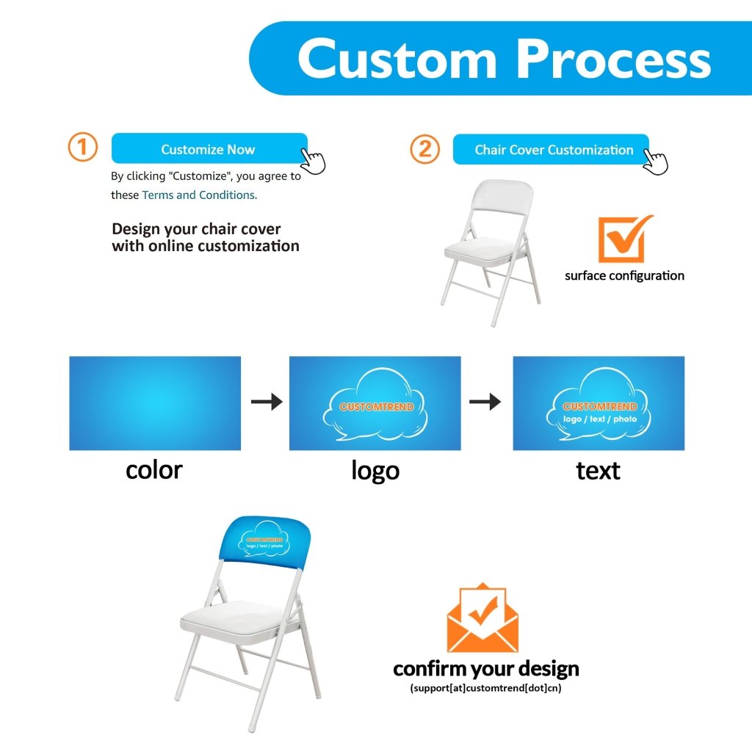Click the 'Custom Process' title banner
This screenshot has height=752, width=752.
click(503, 58)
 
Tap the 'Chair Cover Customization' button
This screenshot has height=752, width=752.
click(552, 150)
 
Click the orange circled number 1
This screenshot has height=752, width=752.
click(83, 148)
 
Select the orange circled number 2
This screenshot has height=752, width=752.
click(424, 150)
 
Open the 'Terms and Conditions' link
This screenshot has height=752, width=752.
click(199, 195)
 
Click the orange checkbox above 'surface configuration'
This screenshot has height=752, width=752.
click(623, 239)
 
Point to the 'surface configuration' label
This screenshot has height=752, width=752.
click(624, 276)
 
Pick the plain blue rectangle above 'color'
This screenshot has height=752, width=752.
click(155, 403)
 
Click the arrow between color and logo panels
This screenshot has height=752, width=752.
click(266, 402)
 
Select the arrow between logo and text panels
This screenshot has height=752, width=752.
click(485, 402)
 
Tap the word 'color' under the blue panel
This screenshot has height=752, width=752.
click(153, 470)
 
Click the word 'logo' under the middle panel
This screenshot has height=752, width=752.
click(375, 470)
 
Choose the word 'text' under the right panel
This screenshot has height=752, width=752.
click(598, 470)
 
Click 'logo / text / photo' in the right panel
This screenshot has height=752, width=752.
click(600, 419)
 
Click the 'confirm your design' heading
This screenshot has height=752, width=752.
click(486, 669)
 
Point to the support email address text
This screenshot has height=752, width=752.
click(486, 689)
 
